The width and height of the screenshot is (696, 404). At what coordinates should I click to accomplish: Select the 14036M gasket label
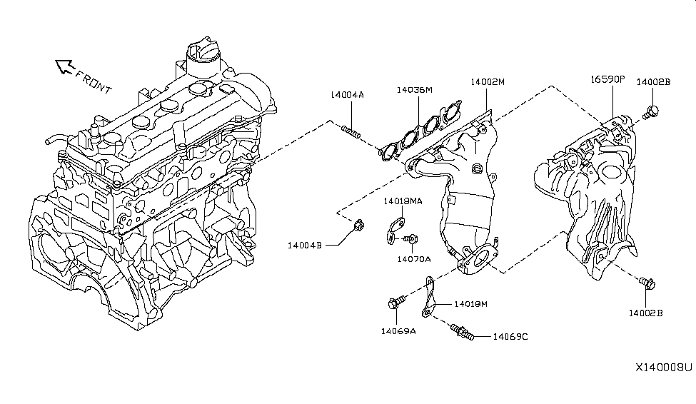click(x=415, y=90)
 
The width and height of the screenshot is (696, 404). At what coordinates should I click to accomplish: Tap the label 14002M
click(x=487, y=82)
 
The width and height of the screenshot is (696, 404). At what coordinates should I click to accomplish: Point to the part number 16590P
click(x=607, y=81)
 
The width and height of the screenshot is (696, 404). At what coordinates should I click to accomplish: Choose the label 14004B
click(x=306, y=245)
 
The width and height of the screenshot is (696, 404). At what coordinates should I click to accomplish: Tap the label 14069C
click(x=510, y=336)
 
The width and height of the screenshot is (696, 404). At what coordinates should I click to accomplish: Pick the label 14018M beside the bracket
click(x=470, y=305)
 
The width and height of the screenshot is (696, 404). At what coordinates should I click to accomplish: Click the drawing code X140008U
click(x=663, y=368)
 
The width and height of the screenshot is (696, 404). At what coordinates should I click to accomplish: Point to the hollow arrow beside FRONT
click(x=64, y=67)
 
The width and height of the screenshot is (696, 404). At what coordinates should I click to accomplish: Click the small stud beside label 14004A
click(x=352, y=131)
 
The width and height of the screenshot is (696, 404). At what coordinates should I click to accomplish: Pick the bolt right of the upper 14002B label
click(x=650, y=111)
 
